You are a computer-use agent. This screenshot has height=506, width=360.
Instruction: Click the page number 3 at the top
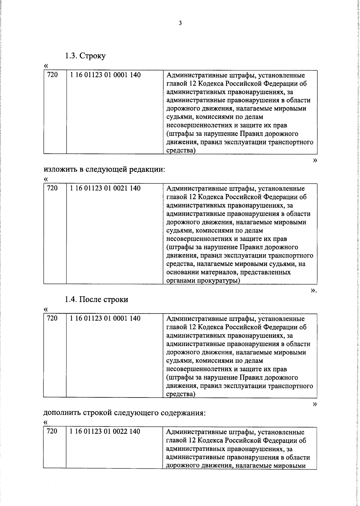click(180, 23)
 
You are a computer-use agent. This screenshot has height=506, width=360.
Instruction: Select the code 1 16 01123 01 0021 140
click(105, 188)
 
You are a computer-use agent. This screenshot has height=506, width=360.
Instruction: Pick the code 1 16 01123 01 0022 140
click(105, 432)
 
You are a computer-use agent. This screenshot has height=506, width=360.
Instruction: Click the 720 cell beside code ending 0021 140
click(52, 188)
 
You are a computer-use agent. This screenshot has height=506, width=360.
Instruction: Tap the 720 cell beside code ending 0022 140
click(52, 432)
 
